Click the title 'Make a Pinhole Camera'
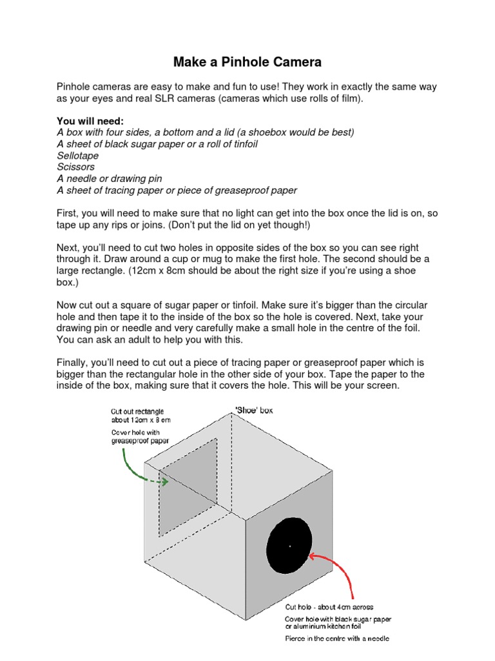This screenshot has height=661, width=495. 247,63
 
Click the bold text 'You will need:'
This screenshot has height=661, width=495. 90,121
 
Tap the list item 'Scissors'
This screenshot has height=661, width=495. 75,167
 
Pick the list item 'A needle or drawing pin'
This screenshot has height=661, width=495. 109,179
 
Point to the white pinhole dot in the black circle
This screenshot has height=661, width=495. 290,546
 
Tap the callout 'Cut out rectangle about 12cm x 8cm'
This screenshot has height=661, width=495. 137,415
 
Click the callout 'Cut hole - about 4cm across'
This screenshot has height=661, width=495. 329,607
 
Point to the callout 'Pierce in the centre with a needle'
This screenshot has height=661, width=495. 336,639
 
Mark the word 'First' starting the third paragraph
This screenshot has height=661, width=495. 68,213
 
